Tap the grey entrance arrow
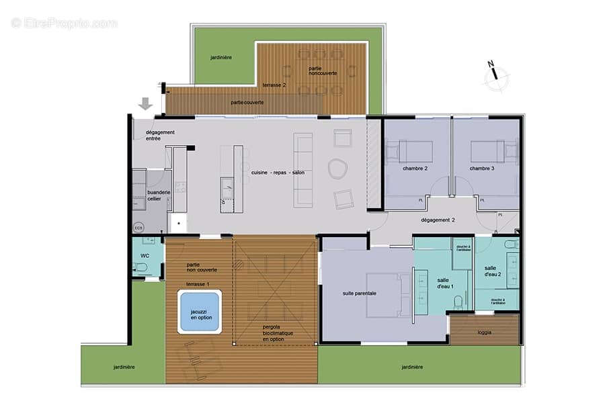145,104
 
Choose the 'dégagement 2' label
438,219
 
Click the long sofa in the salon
303,169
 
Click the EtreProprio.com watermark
64,23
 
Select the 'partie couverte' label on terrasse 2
247,102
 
